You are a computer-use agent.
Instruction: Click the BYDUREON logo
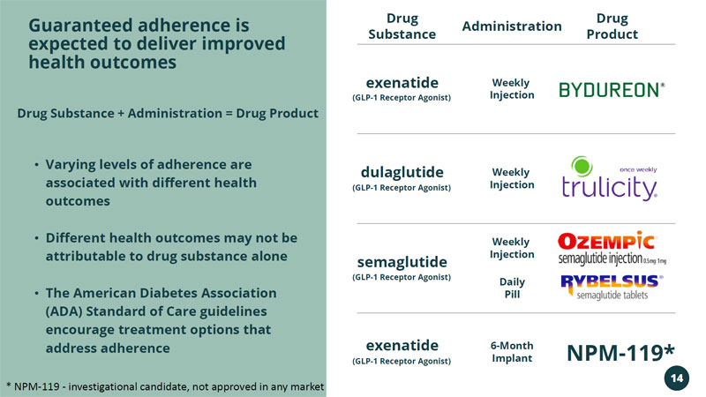click(x=612, y=90)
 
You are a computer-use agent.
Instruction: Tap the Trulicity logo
click(x=610, y=178)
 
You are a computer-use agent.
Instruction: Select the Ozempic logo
click(x=612, y=248)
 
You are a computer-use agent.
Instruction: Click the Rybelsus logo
click(x=612, y=287)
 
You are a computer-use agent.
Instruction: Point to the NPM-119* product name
click(x=620, y=352)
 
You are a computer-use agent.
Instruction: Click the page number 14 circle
click(x=676, y=378)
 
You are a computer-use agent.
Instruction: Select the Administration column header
click(x=512, y=26)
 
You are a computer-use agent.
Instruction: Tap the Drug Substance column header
click(x=402, y=26)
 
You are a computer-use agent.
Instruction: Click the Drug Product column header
click(x=612, y=26)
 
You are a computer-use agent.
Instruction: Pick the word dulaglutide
click(x=402, y=172)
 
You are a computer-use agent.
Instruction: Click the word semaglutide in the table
click(x=402, y=261)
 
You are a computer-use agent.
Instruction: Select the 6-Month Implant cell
click(x=512, y=351)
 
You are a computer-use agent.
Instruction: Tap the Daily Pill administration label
click(x=512, y=288)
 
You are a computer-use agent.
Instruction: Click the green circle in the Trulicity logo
click(x=582, y=166)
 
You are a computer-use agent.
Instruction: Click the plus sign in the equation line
click(x=121, y=114)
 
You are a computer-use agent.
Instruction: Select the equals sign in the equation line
click(x=229, y=114)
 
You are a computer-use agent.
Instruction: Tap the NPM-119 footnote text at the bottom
click(x=165, y=386)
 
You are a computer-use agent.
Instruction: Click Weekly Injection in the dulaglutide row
click(x=512, y=178)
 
